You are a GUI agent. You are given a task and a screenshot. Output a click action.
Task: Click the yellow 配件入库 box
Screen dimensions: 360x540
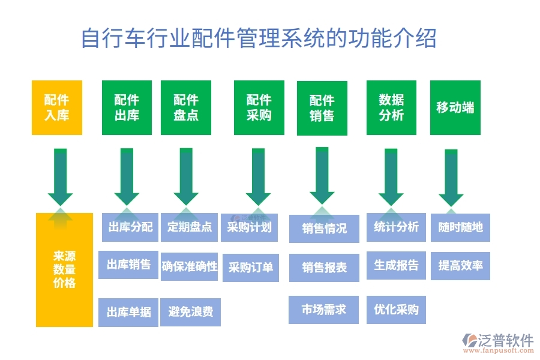point(56,107)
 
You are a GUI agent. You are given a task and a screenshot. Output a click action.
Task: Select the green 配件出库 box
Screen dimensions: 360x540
point(127,107)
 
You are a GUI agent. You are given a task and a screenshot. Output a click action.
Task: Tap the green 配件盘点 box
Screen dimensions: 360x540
point(186,107)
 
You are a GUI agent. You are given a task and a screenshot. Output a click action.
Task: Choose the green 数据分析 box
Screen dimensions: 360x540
point(391,107)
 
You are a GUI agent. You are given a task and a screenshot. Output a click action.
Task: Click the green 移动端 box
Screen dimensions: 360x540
point(455,107)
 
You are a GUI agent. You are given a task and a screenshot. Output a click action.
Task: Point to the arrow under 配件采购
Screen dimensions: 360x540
point(258,177)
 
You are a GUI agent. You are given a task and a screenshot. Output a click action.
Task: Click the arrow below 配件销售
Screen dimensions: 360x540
point(322,177)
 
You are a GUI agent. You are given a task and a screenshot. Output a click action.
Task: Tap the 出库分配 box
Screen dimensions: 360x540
point(130,227)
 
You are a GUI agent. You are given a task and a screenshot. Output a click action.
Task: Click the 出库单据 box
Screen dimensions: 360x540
point(129,312)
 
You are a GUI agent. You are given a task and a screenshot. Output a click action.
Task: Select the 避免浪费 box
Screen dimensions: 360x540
point(190,312)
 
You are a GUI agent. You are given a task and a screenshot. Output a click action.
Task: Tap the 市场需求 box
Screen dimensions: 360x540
point(324,310)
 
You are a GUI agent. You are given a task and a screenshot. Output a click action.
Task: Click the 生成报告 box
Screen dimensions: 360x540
point(396,265)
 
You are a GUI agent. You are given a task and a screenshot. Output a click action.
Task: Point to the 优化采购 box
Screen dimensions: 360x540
point(396,310)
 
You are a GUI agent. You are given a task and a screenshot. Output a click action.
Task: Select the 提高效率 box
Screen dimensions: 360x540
point(460,265)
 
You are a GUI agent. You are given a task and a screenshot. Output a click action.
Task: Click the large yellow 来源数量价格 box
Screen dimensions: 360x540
point(64,270)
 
